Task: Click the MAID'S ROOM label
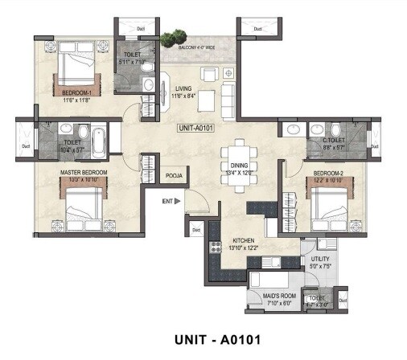click(271, 297)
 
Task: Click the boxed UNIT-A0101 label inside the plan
click(196, 127)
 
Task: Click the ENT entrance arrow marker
click(175, 201)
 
